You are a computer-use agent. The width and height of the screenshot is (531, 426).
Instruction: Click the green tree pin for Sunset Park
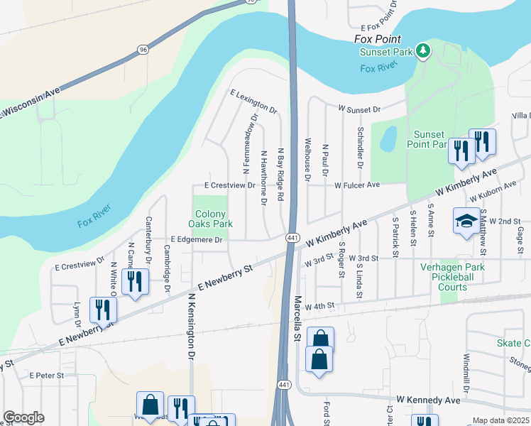(423, 50)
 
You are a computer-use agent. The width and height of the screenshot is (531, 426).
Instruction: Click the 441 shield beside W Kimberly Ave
(292, 237)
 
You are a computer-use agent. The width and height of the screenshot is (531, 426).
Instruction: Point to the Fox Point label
(377, 40)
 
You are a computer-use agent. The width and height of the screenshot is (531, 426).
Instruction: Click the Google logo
(24, 417)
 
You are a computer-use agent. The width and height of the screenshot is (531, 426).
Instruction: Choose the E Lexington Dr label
(253, 102)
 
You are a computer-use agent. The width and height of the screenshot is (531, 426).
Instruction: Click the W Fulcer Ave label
(357, 185)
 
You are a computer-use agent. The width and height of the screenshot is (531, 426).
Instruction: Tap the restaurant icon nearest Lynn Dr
(102, 310)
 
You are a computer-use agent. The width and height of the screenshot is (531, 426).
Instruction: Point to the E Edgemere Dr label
(196, 240)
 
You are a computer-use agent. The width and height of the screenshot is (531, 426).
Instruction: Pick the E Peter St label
(47, 375)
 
